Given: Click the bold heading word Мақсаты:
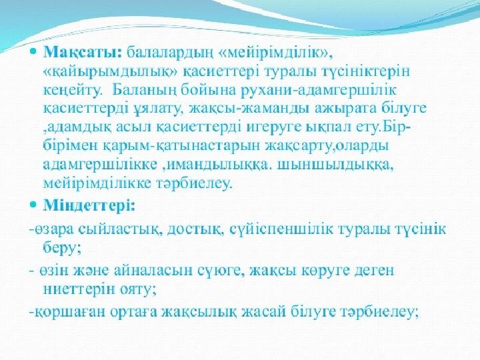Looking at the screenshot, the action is click(x=83, y=54).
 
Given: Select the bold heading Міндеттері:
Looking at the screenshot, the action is click(x=89, y=206).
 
